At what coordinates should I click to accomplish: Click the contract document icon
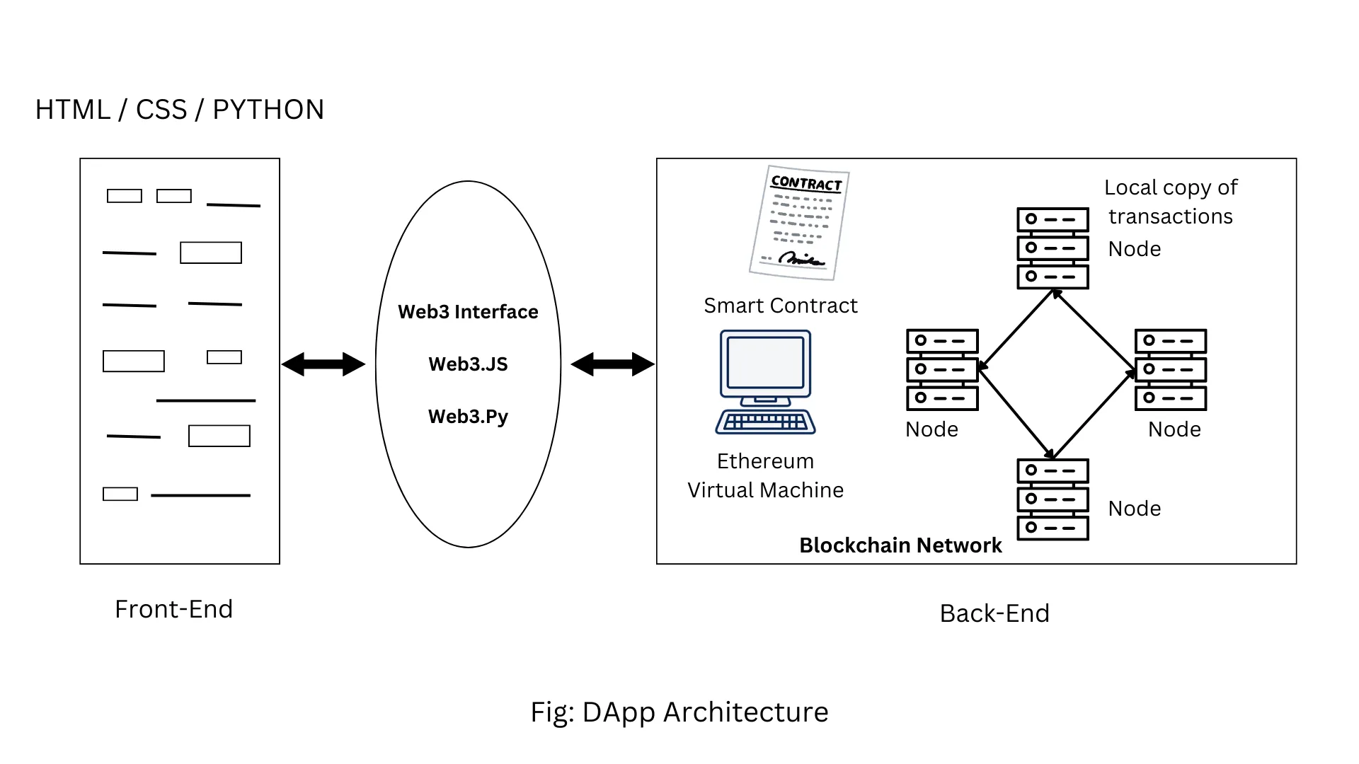click(799, 224)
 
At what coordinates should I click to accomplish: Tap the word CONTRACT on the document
click(806, 183)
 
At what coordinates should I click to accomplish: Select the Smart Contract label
click(780, 306)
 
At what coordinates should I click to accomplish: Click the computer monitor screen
click(765, 362)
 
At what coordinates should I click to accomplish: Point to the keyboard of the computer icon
click(765, 422)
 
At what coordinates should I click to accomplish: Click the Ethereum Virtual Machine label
click(765, 475)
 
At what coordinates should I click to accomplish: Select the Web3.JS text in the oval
click(468, 364)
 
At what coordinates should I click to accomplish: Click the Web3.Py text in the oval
click(468, 417)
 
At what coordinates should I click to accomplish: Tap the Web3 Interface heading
click(468, 312)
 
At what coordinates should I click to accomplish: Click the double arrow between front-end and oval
click(323, 364)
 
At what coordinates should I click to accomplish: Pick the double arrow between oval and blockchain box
click(612, 364)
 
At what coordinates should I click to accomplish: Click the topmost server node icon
click(1053, 248)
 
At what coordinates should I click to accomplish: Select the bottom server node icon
click(1053, 499)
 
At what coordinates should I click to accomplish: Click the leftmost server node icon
click(942, 369)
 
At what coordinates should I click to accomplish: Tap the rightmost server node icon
click(1171, 369)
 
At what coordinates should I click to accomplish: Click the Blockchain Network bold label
click(900, 545)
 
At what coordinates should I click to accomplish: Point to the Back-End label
click(994, 613)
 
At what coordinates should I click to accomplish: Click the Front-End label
click(173, 609)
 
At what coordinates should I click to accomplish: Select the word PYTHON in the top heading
click(268, 110)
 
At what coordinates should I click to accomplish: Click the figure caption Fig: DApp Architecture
click(679, 712)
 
